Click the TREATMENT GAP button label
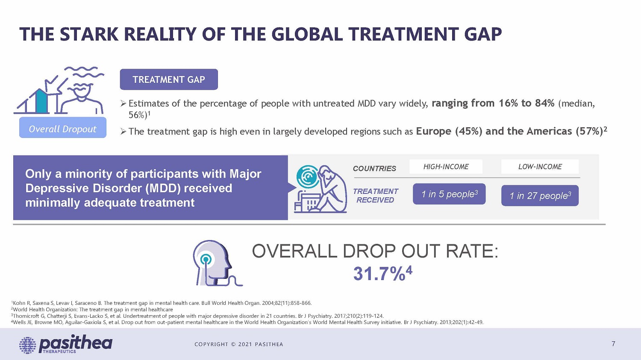click(x=169, y=79)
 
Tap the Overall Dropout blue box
click(x=63, y=129)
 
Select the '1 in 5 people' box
click(x=449, y=194)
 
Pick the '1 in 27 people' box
click(x=540, y=196)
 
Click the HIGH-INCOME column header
click(x=446, y=167)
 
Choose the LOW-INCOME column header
click(x=540, y=167)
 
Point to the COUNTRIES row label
click(x=374, y=168)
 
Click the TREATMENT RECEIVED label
click(x=375, y=196)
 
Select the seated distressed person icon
click(x=320, y=189)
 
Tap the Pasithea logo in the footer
click(x=66, y=344)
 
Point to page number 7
click(x=613, y=344)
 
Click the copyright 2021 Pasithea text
click(x=238, y=344)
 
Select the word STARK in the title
click(x=88, y=35)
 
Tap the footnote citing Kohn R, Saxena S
click(x=162, y=303)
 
